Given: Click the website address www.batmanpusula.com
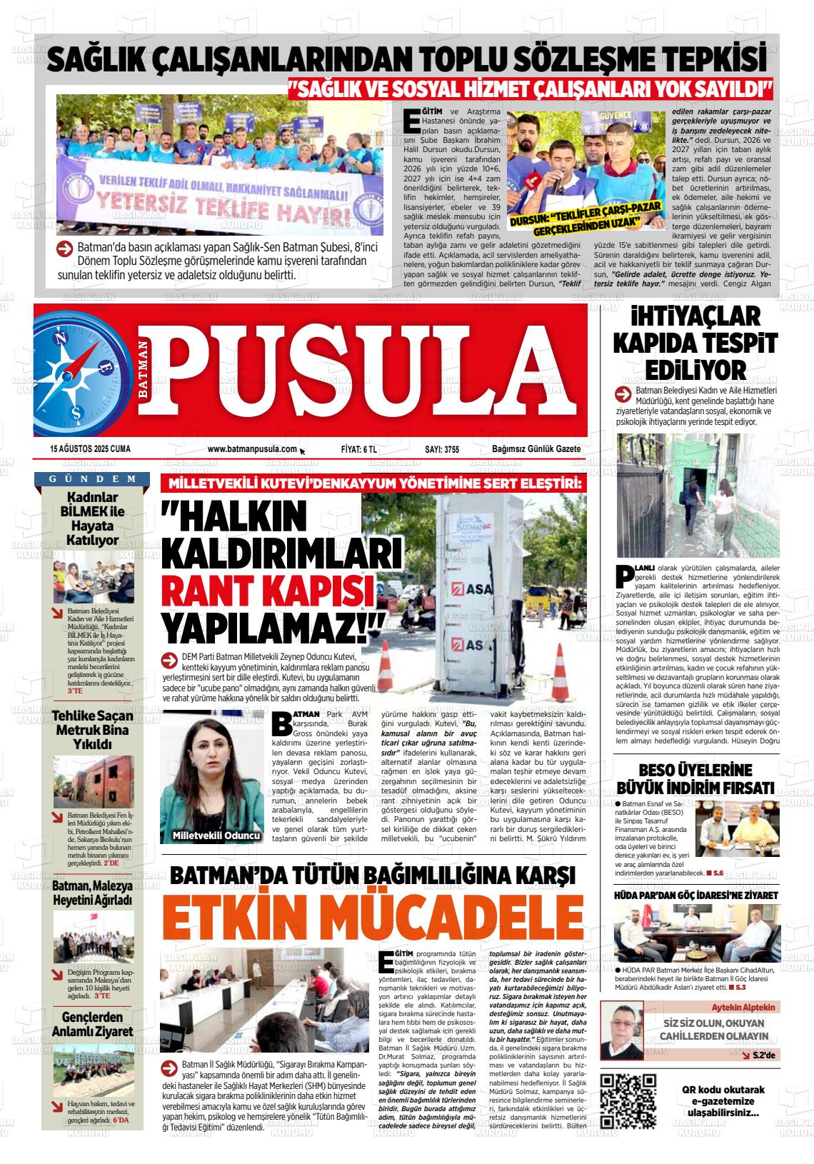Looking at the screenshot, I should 252,449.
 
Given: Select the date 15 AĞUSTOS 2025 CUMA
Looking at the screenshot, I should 85,449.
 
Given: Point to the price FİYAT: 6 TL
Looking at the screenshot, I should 359,449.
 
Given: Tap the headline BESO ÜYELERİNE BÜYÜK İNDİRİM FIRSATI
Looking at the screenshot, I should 695,779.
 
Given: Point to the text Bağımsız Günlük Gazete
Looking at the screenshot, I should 536,449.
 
